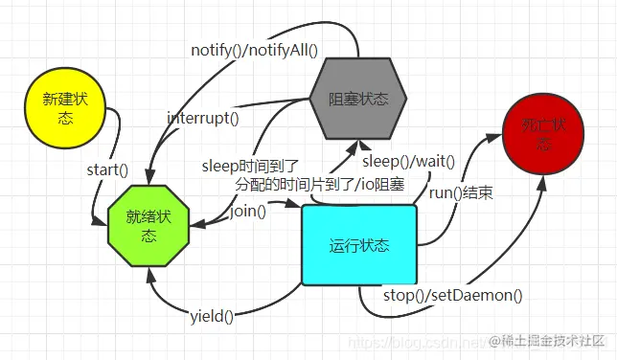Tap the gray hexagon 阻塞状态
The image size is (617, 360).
click(x=358, y=99)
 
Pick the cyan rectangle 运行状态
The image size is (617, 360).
click(x=359, y=245)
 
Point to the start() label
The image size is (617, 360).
click(x=107, y=169)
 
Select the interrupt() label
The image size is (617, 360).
click(x=202, y=119)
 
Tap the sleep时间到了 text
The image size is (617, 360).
click(x=251, y=164)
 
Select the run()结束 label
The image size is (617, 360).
click(x=461, y=192)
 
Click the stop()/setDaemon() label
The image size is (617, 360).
click(x=453, y=295)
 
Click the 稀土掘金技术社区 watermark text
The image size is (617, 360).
click(x=550, y=341)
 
